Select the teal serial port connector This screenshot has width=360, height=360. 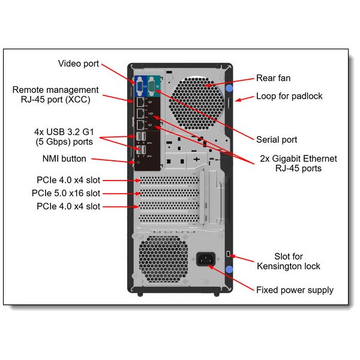(151, 88)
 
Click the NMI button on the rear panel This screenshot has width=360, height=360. (139, 161)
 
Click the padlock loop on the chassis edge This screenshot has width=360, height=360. (229, 104)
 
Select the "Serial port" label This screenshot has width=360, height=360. (277, 140)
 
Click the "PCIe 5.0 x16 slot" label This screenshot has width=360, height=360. (66, 193)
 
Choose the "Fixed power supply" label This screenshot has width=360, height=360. (295, 290)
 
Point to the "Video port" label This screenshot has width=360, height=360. (79, 64)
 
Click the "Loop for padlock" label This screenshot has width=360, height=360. (289, 96)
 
